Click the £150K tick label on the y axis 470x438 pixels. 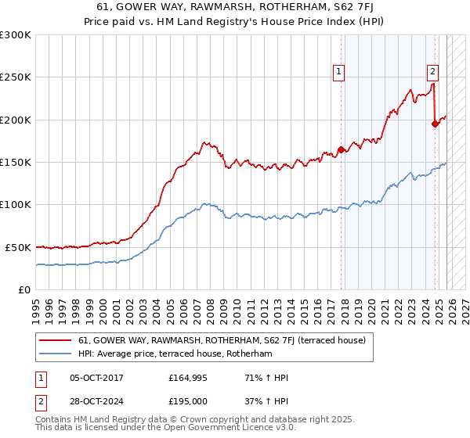coord(16,162)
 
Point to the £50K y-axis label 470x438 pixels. coord(18,247)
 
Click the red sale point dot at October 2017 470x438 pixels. coord(341,149)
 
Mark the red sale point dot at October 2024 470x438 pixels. coord(435,124)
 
